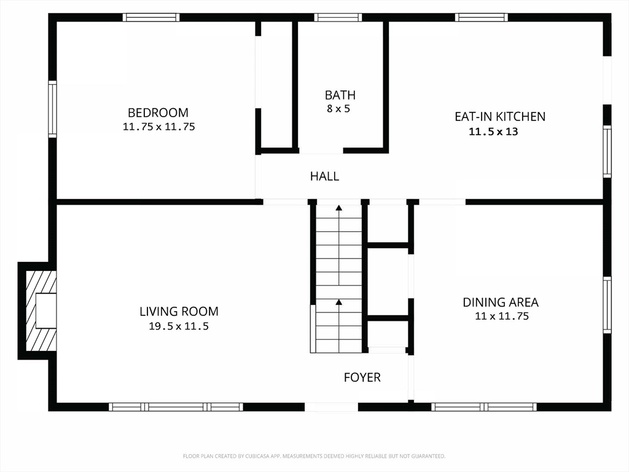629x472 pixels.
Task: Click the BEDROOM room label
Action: pos(158,112)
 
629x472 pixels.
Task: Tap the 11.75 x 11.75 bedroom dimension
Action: pos(159,127)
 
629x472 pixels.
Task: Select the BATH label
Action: pos(340,95)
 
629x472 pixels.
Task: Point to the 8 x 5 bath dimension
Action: pos(338,109)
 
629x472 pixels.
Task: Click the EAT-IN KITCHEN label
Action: pos(500,116)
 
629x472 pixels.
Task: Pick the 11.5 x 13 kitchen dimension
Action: pos(493,132)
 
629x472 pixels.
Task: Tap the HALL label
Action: pos(324,176)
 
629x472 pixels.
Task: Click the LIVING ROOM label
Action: pos(179,312)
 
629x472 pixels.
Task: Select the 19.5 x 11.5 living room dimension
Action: pos(179,326)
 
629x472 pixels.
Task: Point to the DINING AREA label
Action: pos(501,302)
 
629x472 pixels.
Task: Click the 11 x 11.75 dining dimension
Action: pos(502,317)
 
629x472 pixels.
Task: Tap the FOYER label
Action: pos(362,377)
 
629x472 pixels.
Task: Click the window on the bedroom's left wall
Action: pos(53,109)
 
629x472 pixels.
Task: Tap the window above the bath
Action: pos(338,17)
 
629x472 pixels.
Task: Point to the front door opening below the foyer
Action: pos(331,407)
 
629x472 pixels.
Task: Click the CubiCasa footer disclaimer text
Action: pos(314,457)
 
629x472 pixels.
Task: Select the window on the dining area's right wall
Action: pos(608,305)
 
